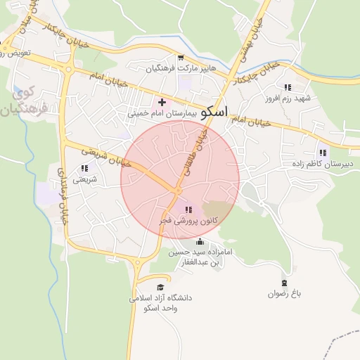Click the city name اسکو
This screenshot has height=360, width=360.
pos(214,111)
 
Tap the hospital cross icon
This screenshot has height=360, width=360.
pos(162,102)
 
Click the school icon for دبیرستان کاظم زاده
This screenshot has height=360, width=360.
pos(323,153)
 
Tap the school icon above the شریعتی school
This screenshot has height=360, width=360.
pos(84,169)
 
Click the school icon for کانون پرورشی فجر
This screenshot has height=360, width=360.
pos(188,210)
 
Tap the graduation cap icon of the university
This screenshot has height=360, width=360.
pos(160,288)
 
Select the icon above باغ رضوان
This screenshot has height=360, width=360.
pos(284,282)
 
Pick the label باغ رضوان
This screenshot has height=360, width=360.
pos(283,293)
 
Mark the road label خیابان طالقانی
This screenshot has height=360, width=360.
pos(204,150)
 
